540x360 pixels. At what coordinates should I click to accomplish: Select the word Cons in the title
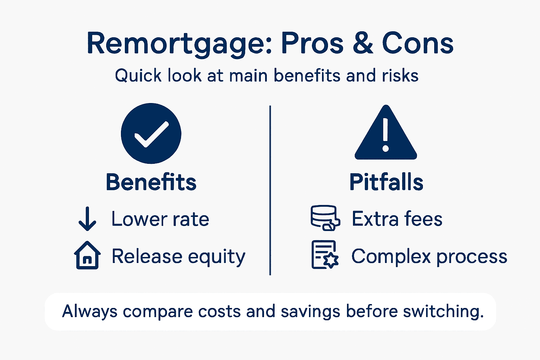418,44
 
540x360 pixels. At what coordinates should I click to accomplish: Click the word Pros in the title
312,44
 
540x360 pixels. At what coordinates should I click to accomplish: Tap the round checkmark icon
151,133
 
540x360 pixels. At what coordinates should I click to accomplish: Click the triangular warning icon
386,134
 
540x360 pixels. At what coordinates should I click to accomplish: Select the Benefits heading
151,182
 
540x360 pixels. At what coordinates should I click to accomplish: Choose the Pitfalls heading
386,182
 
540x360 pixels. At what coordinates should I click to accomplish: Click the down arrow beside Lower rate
87,219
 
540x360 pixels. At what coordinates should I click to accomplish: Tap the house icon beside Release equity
88,255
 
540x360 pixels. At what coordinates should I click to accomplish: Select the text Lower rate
160,219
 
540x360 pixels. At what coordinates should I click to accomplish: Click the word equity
217,257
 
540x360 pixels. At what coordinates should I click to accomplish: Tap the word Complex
391,257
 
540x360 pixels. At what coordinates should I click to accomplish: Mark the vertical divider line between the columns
270,190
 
